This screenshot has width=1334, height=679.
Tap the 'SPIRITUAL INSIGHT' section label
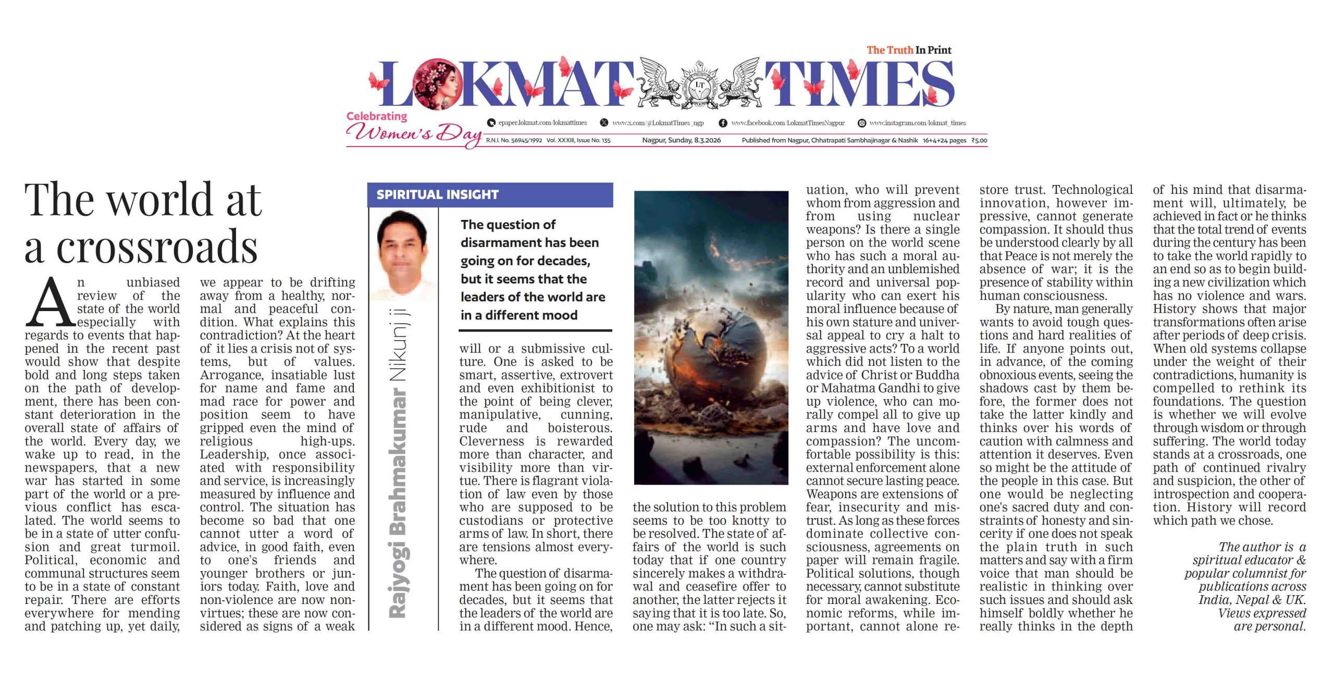pos(437,195)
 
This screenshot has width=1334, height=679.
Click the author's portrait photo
pos(403,255)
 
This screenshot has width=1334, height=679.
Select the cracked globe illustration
pos(711,338)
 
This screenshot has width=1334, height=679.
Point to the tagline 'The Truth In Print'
pos(909,50)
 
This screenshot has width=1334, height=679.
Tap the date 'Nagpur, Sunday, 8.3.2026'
pos(681,140)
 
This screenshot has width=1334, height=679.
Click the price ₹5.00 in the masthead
pos(979,140)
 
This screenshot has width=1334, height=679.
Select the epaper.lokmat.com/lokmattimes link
pos(542,123)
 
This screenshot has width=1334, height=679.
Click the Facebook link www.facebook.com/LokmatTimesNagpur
pos(787,123)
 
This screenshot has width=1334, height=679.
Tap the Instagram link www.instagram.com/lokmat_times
pos(917,123)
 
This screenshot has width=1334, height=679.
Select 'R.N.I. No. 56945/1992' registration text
pos(514,140)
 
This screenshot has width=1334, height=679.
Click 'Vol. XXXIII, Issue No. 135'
pos(578,140)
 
